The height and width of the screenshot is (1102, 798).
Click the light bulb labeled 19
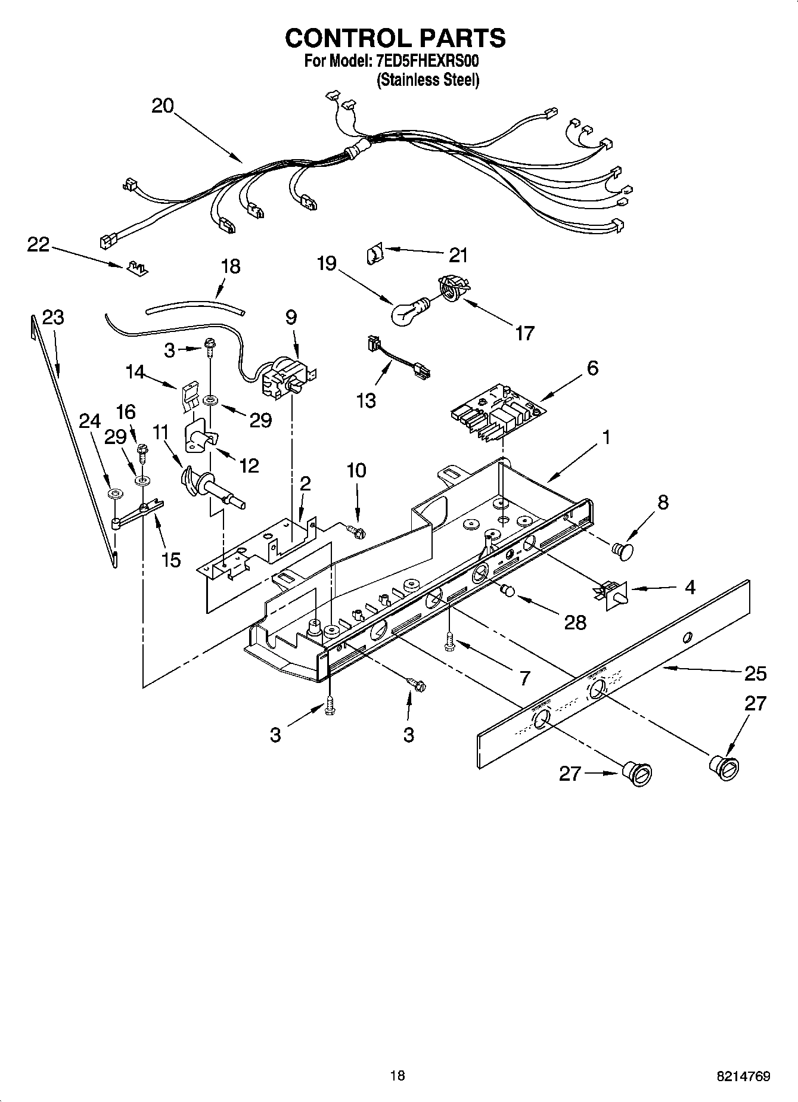click(x=407, y=311)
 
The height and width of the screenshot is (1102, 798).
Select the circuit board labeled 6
click(x=499, y=414)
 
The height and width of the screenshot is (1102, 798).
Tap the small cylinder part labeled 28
click(x=508, y=591)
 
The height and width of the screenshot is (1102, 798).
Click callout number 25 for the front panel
click(x=755, y=673)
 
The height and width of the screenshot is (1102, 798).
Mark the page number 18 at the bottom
click(x=397, y=1075)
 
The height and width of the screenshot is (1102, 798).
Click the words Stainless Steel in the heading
click(x=427, y=80)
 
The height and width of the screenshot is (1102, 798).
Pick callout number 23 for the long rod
click(x=53, y=318)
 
